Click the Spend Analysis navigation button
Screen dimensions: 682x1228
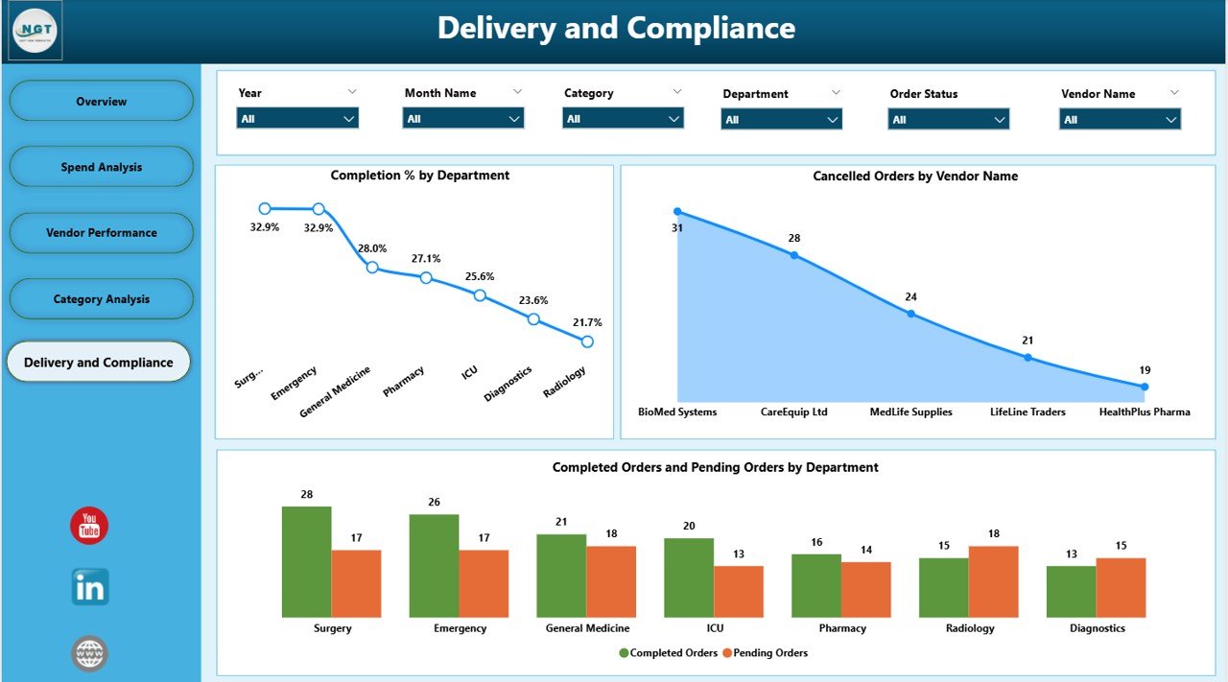[x=101, y=167]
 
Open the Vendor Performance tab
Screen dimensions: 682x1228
[x=101, y=233]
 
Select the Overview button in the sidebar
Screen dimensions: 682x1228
[x=101, y=101]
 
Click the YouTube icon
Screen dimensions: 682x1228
[x=89, y=526]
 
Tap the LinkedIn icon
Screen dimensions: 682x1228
[x=90, y=587]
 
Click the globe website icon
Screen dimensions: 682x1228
[x=89, y=654]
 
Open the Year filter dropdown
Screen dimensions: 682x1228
[x=297, y=119]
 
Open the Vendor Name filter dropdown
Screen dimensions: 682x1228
[x=1120, y=120]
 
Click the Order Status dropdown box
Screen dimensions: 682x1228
[x=948, y=120]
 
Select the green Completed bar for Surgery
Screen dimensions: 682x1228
[x=306, y=562]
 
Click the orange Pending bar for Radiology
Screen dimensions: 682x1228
[x=993, y=582]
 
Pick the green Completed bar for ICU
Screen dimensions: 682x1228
[x=689, y=577]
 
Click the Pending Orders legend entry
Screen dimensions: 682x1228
[x=765, y=653]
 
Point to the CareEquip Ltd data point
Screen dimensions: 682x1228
[x=793, y=255]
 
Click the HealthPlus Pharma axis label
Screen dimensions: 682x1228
[x=1145, y=412]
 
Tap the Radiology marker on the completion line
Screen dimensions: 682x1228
[x=587, y=341]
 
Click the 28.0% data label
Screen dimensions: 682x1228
[x=372, y=247]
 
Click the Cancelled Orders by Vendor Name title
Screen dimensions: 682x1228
[x=914, y=176]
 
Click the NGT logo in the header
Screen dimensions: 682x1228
[x=35, y=31]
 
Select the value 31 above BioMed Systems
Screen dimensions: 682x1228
[x=676, y=227]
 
